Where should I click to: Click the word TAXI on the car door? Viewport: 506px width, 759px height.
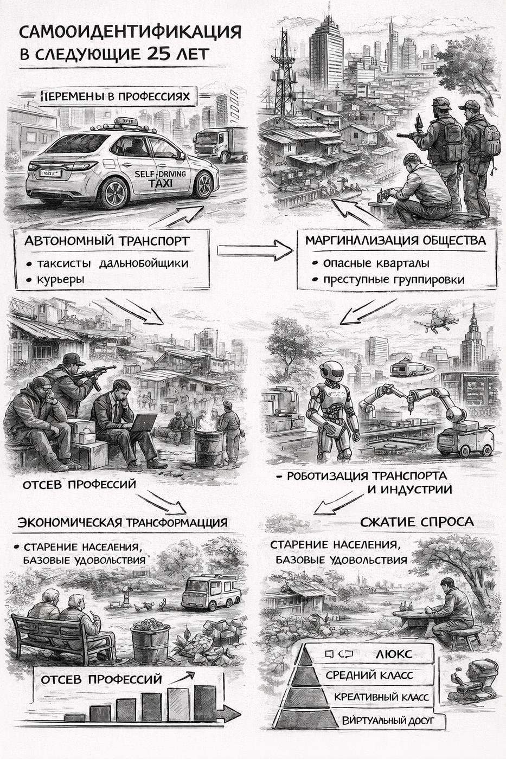click(x=161, y=184)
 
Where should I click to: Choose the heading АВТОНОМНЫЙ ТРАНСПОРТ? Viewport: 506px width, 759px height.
click(x=107, y=241)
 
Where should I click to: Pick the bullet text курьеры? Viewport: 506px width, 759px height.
click(x=61, y=280)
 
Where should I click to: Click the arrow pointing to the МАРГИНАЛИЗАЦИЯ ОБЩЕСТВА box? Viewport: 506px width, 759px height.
click(x=254, y=250)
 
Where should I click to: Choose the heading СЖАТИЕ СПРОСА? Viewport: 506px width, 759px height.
click(x=417, y=522)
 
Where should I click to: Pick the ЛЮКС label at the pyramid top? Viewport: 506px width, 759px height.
click(x=393, y=654)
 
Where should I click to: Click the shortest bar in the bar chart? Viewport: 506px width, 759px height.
click(x=74, y=717)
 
